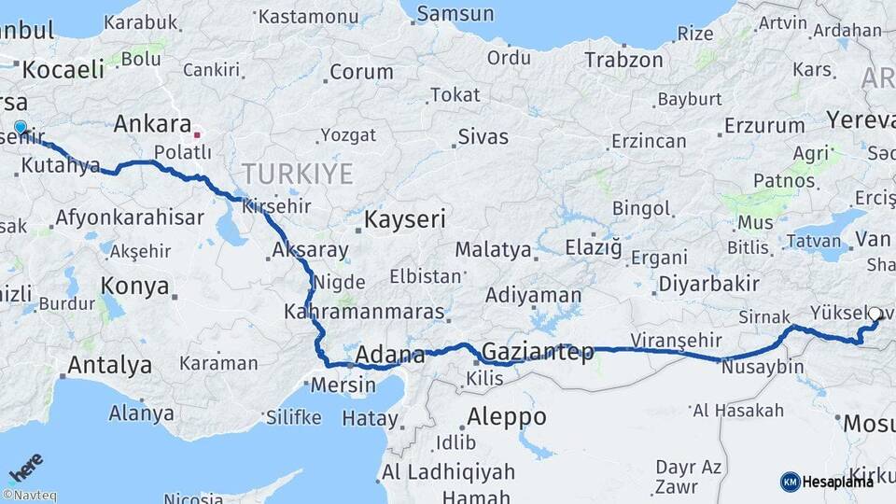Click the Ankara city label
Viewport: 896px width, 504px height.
pyautogui.click(x=152, y=124)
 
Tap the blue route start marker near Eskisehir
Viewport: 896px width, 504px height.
pyautogui.click(x=20, y=127)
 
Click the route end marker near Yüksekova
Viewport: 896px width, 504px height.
pyautogui.click(x=875, y=315)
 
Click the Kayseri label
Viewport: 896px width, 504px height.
pyautogui.click(x=403, y=220)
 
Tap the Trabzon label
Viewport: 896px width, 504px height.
pyautogui.click(x=623, y=60)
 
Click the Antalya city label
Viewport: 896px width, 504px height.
pyautogui.click(x=110, y=364)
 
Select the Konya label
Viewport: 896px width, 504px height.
pyautogui.click(x=135, y=286)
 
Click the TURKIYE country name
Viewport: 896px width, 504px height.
pyautogui.click(x=298, y=174)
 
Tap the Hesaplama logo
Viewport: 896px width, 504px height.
pyautogui.click(x=827, y=482)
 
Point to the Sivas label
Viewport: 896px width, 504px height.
pyautogui.click(x=483, y=137)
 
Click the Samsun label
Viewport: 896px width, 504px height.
pyautogui.click(x=455, y=14)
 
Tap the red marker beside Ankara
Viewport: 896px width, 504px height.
pyautogui.click(x=197, y=134)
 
